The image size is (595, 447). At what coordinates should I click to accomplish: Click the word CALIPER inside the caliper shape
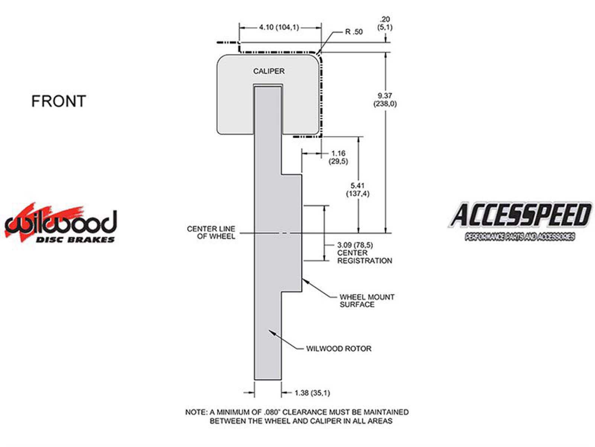point(269,71)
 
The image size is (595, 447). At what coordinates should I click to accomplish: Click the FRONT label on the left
point(59,101)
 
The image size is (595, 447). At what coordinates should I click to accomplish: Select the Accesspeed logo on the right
point(520,221)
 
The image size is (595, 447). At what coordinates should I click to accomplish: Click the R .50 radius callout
point(354,32)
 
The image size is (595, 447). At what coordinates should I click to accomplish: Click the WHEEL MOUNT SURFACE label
point(367,301)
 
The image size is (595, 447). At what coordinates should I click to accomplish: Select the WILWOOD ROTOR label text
point(339,349)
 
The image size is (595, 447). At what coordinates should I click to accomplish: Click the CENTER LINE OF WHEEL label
point(211,232)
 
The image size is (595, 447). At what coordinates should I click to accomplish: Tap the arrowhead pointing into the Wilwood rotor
point(272,332)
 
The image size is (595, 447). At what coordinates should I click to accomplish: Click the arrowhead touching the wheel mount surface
point(305,280)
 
